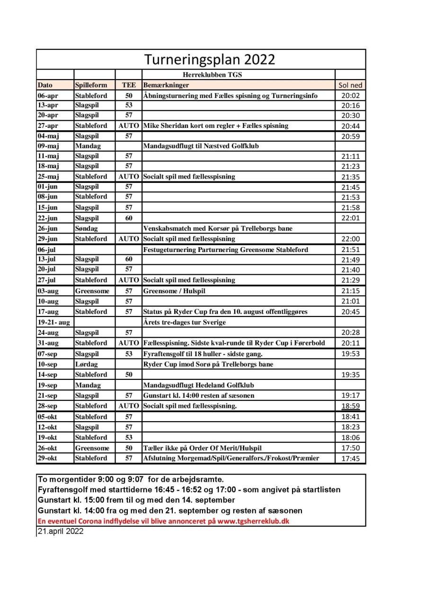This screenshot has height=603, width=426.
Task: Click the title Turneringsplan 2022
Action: [210, 60]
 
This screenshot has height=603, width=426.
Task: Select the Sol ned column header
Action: [350, 85]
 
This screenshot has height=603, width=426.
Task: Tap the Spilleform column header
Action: [91, 85]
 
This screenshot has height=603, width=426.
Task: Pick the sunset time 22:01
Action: [350, 218]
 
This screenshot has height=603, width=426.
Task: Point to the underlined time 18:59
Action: [350, 406]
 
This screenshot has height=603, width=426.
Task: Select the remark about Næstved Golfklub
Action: [201, 146]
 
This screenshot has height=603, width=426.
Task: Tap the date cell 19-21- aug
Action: [53, 323]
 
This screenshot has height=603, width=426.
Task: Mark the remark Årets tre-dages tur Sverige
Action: [184, 323]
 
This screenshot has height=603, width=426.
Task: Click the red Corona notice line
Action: [163, 521]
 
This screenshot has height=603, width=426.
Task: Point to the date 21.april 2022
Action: [60, 531]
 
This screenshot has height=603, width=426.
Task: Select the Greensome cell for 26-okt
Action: [92, 448]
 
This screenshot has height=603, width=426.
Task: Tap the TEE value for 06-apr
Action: [129, 96]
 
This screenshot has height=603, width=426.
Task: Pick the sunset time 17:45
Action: [350, 459]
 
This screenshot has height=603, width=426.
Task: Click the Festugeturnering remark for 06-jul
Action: [225, 250]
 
